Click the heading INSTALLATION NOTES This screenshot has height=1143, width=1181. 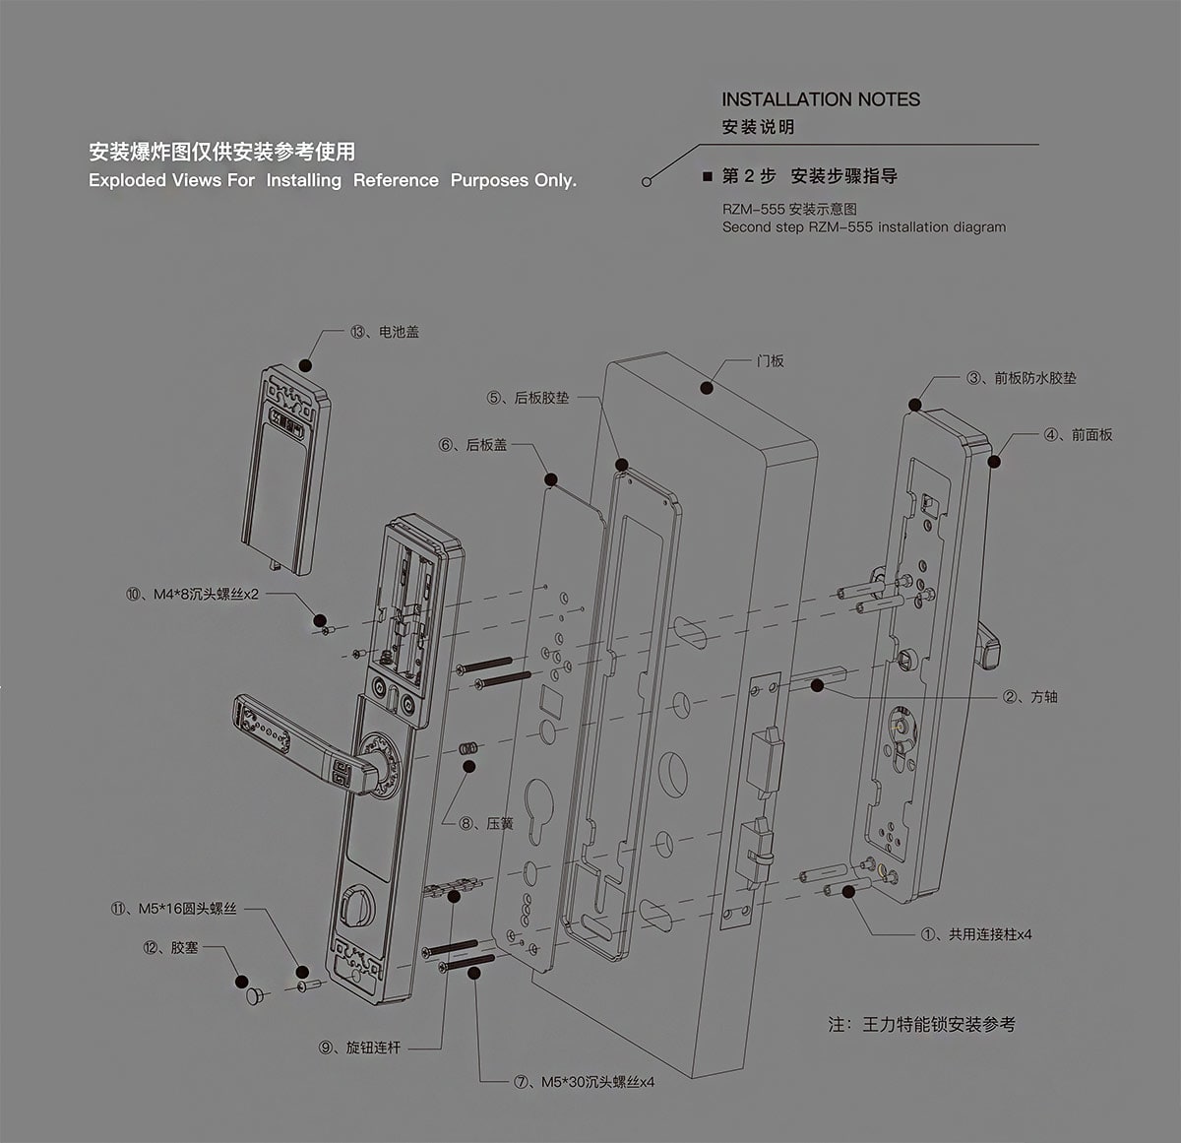(x=821, y=99)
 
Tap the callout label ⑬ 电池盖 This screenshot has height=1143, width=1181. (x=384, y=332)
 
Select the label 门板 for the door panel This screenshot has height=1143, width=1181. (x=771, y=361)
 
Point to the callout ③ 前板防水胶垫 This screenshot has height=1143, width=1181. (x=1022, y=378)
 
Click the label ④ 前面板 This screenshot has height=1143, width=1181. (x=1078, y=434)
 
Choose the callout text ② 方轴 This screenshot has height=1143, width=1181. (x=1029, y=697)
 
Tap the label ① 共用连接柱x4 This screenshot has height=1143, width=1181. (x=976, y=934)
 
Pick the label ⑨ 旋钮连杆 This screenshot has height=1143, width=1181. (x=359, y=1048)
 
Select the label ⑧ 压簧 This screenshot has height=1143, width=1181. (x=485, y=824)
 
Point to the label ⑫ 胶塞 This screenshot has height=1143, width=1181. (x=170, y=947)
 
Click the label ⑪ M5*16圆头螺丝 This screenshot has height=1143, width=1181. (x=173, y=909)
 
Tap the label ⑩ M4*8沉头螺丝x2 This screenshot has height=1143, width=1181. (x=192, y=595)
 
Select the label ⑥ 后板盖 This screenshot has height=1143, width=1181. (x=472, y=445)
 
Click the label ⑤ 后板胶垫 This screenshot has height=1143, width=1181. (x=528, y=398)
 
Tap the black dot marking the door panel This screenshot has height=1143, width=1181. (x=707, y=387)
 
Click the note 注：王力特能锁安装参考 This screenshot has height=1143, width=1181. (x=921, y=1025)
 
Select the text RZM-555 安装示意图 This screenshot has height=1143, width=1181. (x=789, y=210)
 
